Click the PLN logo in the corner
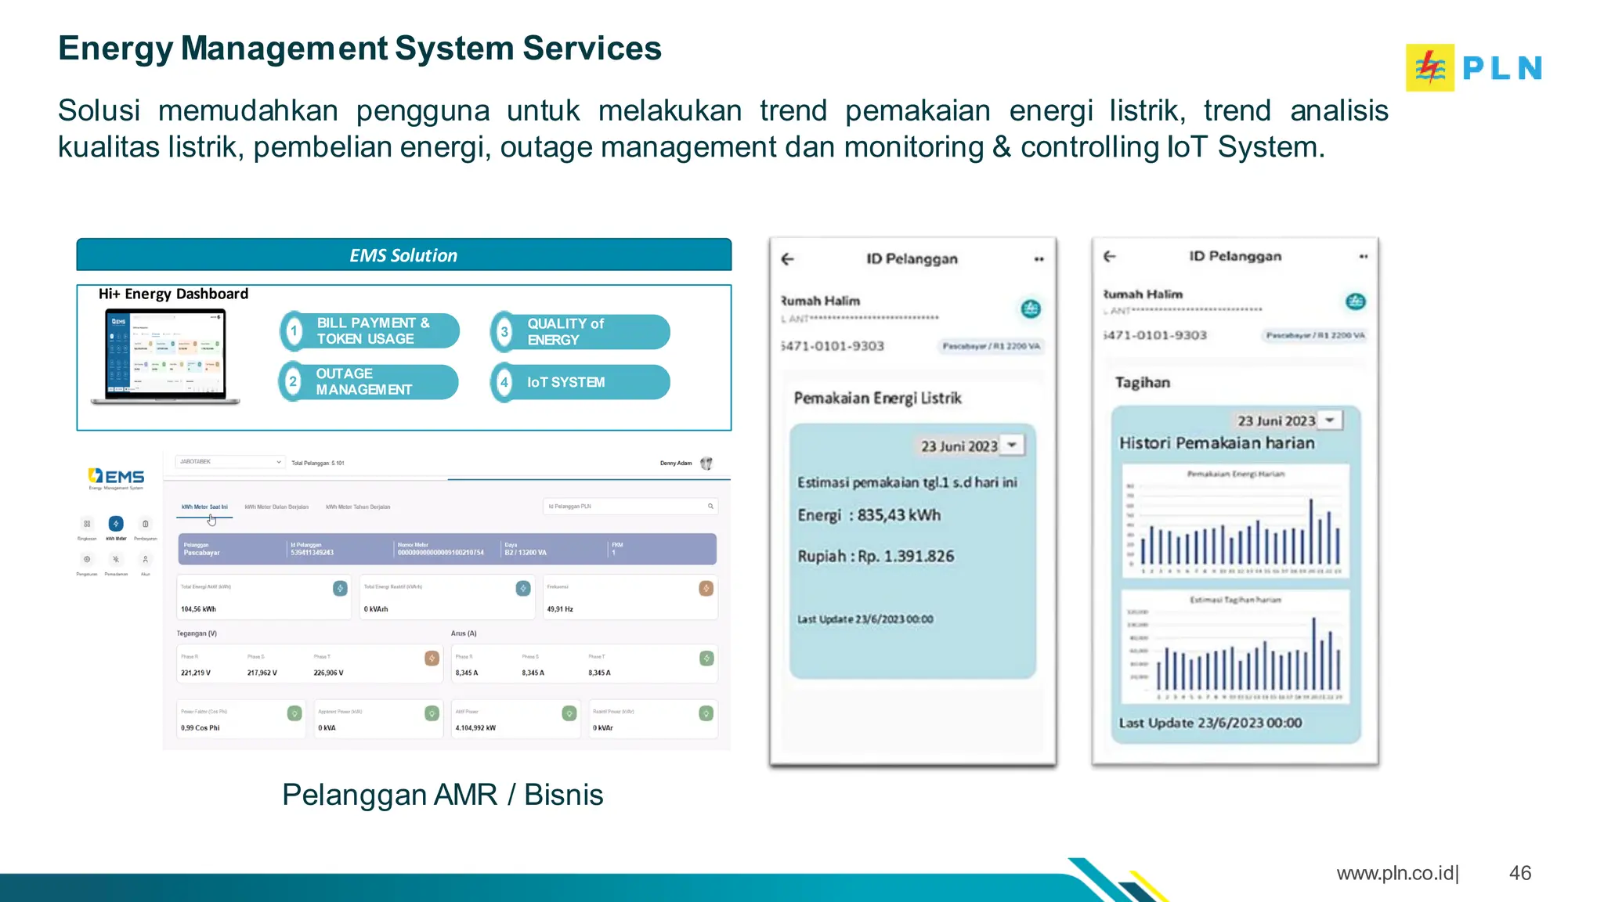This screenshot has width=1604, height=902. [1473, 67]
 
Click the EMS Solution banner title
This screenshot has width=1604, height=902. [403, 255]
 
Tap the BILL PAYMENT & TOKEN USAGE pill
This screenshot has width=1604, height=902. [370, 330]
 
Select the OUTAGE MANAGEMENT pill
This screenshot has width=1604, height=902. [368, 382]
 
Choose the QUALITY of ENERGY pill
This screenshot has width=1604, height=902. [580, 332]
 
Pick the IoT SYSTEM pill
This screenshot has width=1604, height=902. [580, 382]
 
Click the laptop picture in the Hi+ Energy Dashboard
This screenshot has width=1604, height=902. [166, 356]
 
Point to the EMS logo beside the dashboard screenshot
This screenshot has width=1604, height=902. [117, 477]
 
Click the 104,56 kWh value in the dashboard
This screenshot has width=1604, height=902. [198, 609]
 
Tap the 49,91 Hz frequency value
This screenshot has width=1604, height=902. [560, 609]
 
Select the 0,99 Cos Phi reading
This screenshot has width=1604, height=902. [200, 728]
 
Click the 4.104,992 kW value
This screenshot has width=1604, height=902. [475, 728]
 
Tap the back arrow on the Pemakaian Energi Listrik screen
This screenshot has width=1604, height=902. [788, 259]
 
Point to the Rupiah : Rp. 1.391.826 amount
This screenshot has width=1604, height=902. [876, 557]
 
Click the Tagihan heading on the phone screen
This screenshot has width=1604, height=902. [1142, 383]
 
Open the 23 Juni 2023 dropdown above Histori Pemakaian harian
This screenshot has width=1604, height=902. [1330, 420]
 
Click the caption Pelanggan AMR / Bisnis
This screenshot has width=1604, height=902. [443, 795]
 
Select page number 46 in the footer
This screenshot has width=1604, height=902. [1519, 873]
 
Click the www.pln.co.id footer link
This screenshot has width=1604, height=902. [1395, 873]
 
